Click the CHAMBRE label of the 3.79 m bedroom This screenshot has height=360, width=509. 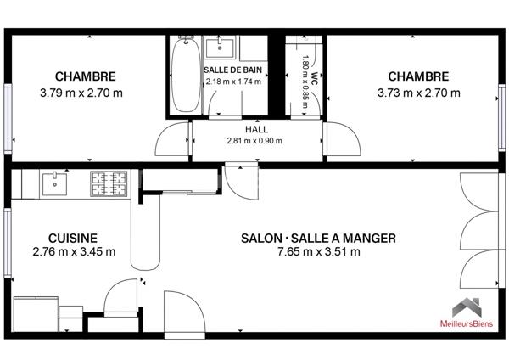pyautogui.click(x=85, y=76)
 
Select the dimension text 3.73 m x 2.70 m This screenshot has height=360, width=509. pyautogui.click(x=418, y=93)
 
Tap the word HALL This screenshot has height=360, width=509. pyautogui.click(x=255, y=129)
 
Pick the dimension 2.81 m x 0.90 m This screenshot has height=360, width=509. pyautogui.click(x=255, y=141)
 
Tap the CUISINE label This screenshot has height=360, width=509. pyautogui.click(x=73, y=239)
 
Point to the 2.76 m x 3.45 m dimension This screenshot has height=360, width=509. pyautogui.click(x=73, y=252)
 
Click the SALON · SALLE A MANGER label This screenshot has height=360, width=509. pyautogui.click(x=318, y=239)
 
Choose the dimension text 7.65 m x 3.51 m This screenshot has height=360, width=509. pyautogui.click(x=318, y=252)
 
